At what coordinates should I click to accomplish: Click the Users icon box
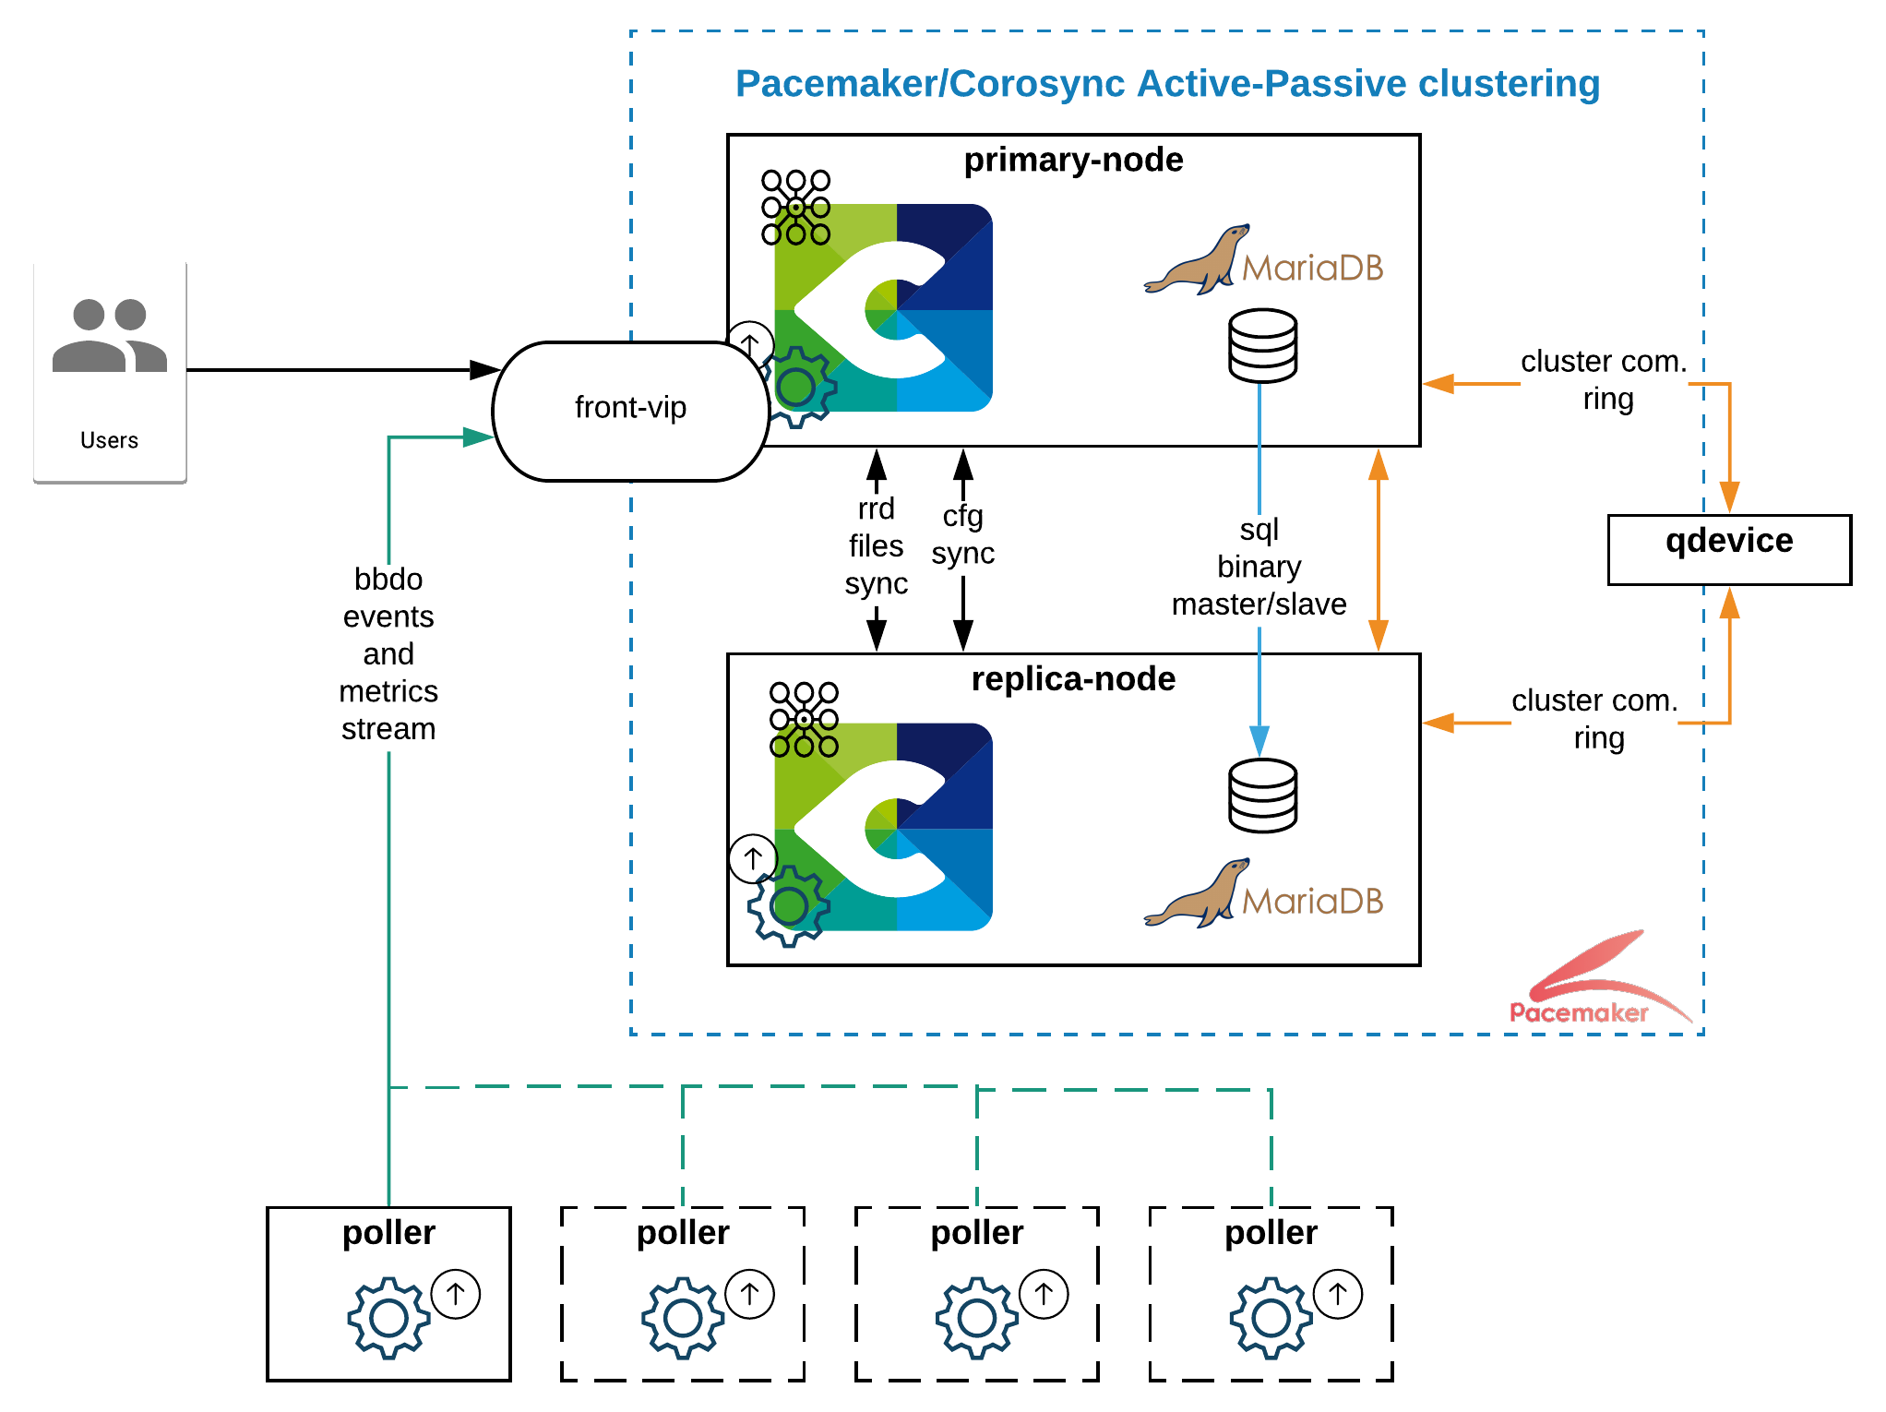pyautogui.click(x=110, y=369)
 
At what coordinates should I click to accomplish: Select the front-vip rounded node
pyautogui.click(x=631, y=411)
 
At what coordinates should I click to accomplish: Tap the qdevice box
pyautogui.click(x=1728, y=549)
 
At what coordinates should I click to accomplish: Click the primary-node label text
pyautogui.click(x=1073, y=161)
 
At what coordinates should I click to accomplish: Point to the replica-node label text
pyautogui.click(x=1073, y=679)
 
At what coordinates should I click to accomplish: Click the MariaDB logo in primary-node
pyautogui.click(x=1263, y=261)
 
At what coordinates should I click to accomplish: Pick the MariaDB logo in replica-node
pyautogui.click(x=1263, y=894)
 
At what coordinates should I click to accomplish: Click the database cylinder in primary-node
pyautogui.click(x=1262, y=346)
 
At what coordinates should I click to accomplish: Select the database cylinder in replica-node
pyautogui.click(x=1262, y=796)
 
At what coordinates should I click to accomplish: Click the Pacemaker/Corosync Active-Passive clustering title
pyautogui.click(x=1167, y=84)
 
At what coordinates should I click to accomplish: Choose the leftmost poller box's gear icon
pyautogui.click(x=388, y=1318)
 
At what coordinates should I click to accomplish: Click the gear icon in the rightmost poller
pyautogui.click(x=1271, y=1318)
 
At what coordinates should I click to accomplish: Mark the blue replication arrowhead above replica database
pyautogui.click(x=1259, y=740)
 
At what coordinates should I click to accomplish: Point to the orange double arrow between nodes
pyautogui.click(x=1379, y=550)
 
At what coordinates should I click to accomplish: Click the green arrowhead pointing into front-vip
pyautogui.click(x=478, y=437)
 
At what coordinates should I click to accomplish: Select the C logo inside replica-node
pyautogui.click(x=883, y=827)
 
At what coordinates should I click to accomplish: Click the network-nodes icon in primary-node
pyautogui.click(x=795, y=208)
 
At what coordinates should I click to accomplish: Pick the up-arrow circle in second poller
pyautogui.click(x=749, y=1294)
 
